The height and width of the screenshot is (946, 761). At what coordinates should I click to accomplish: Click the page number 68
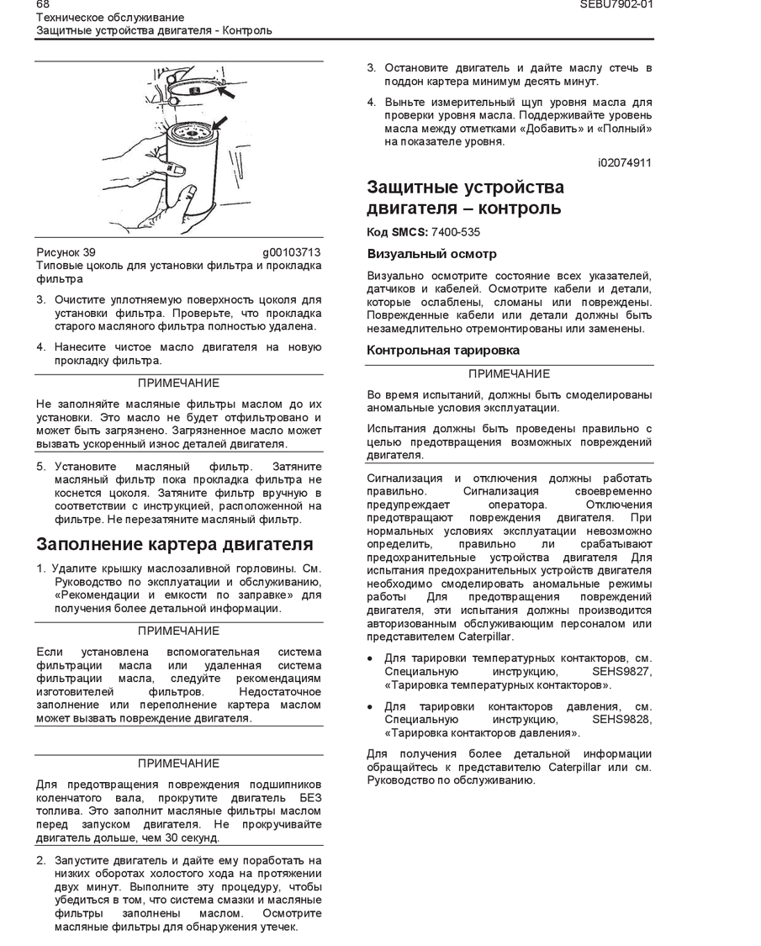43,4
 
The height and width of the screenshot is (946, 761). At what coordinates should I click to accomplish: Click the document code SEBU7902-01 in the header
616,4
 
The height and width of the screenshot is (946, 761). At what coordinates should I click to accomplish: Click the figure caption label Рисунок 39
66,252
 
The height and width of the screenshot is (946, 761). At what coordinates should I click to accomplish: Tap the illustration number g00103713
292,252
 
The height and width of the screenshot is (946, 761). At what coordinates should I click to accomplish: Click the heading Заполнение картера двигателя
174,544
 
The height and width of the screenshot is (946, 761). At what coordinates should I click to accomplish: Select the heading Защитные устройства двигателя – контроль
465,198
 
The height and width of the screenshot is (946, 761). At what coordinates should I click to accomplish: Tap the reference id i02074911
624,162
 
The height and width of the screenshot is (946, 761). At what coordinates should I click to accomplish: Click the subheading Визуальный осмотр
431,254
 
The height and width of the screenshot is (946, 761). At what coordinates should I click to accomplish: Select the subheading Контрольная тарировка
442,351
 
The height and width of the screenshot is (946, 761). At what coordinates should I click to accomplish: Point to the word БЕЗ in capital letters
310,797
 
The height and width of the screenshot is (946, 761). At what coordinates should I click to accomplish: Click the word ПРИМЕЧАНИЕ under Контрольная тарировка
509,374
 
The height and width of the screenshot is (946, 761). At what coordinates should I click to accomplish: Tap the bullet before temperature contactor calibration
371,658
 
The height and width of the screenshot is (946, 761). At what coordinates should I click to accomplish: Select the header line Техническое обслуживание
109,17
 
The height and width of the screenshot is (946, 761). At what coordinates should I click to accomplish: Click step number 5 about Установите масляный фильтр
40,466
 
